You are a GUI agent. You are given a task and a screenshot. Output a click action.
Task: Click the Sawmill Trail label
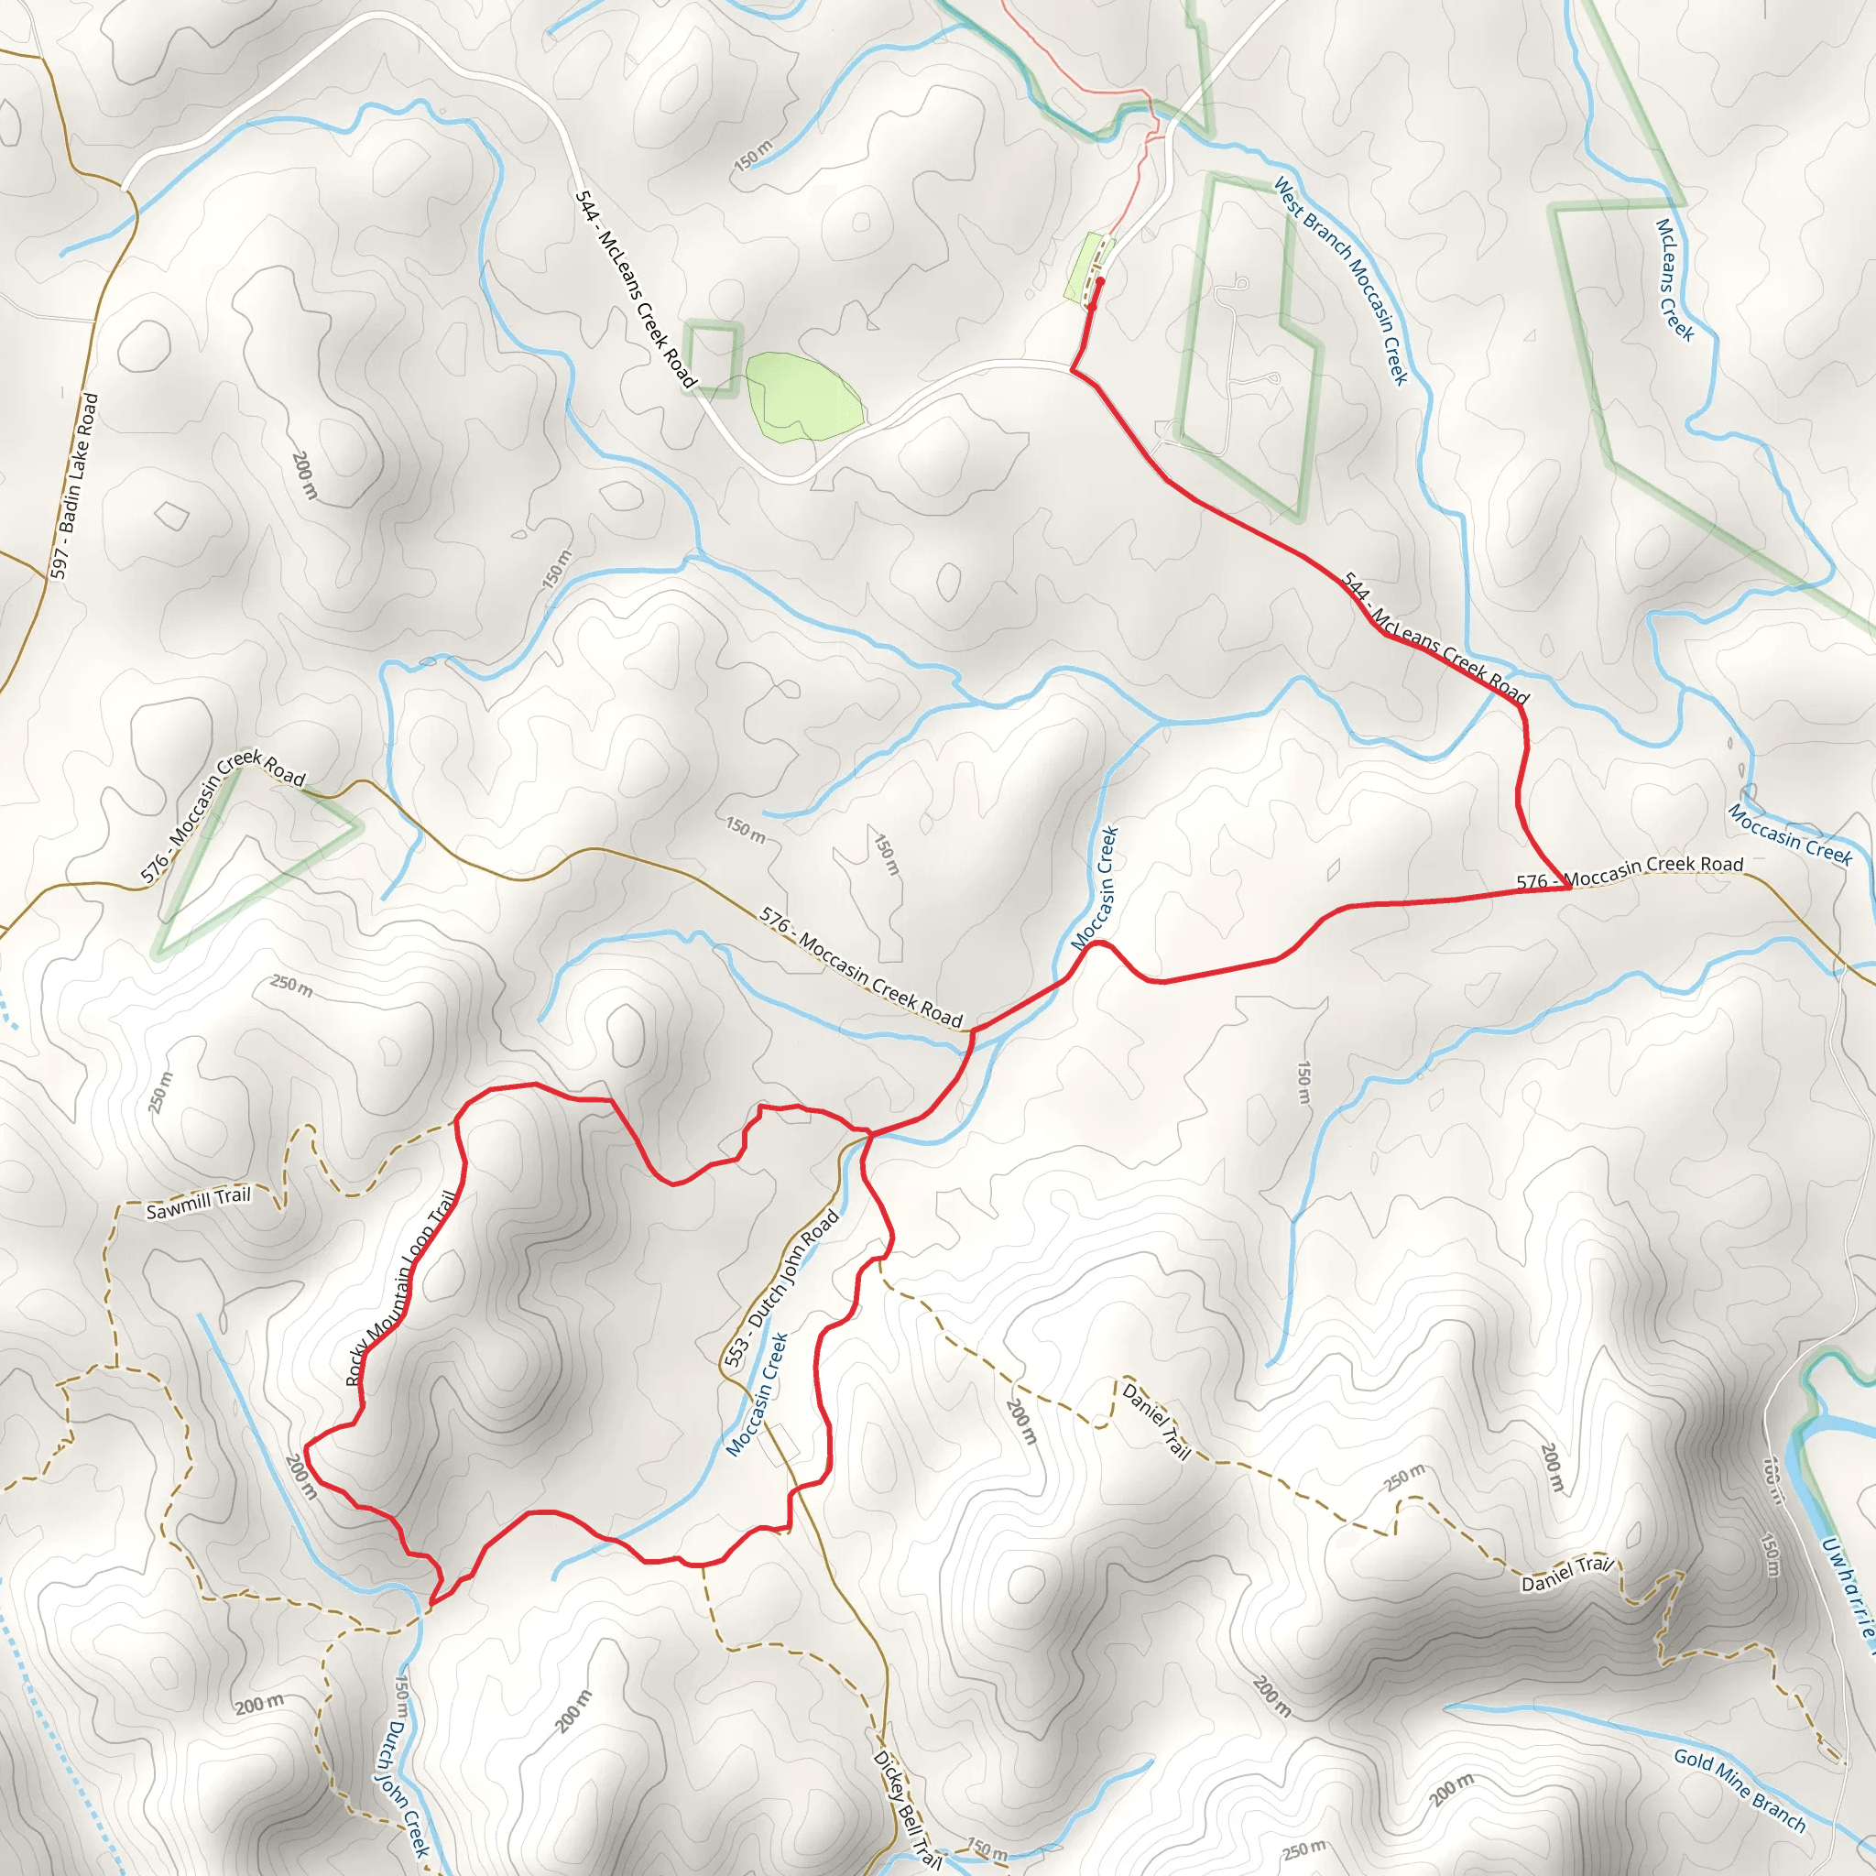tap(198, 1203)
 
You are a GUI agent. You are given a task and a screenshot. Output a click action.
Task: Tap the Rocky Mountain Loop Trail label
tap(400, 1288)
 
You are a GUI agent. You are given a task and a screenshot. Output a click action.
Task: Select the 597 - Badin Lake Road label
tap(75, 485)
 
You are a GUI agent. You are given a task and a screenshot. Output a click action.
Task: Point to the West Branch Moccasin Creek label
tap(1340, 280)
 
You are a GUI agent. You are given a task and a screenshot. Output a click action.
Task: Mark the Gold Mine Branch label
tap(1740, 1790)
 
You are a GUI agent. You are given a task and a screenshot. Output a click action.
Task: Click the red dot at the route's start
tap(1100, 281)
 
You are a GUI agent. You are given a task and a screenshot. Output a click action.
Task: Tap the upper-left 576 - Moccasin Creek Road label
tap(223, 814)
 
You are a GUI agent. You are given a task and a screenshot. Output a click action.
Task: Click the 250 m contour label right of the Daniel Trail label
tap(1405, 1477)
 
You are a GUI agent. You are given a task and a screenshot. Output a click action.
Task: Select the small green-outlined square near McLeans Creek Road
tap(712, 357)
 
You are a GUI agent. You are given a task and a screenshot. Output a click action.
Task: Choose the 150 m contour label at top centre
tap(753, 156)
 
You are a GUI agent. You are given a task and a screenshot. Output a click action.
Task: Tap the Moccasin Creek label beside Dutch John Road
tap(758, 1394)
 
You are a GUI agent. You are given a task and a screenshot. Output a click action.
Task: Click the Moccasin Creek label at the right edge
tap(1790, 834)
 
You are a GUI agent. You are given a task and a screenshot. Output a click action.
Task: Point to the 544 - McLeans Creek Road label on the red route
tap(1434, 637)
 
